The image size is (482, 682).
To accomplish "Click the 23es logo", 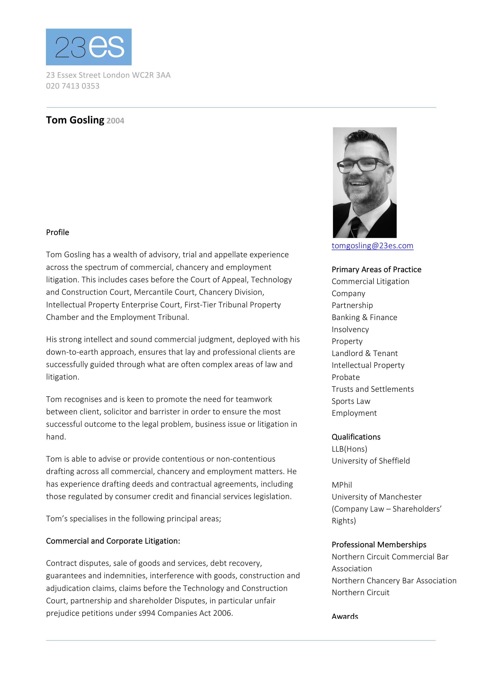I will (x=88, y=47).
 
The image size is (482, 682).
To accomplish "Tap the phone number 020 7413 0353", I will (x=73, y=86).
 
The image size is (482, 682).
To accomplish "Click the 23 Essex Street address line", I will (x=108, y=75).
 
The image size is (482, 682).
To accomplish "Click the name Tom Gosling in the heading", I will (x=75, y=120).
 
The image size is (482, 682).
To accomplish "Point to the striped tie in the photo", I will (x=355, y=227).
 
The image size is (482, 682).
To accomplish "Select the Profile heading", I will (x=58, y=232).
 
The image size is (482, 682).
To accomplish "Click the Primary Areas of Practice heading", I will (x=376, y=269).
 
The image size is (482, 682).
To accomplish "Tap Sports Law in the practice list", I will (x=351, y=401).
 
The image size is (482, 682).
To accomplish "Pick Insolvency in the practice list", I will (x=350, y=329).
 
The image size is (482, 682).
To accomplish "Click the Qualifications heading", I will (x=356, y=437).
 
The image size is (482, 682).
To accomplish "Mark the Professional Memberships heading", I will (x=379, y=544).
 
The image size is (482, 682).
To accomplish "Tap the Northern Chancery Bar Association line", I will (x=394, y=581).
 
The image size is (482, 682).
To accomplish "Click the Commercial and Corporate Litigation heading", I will (x=113, y=541).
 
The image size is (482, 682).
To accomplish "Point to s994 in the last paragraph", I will (x=147, y=613).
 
